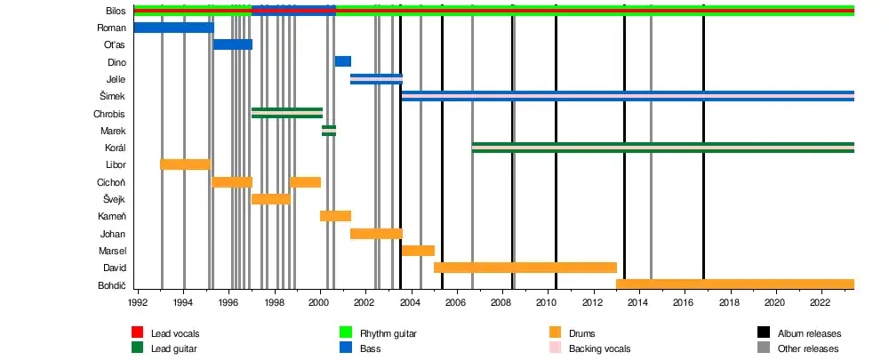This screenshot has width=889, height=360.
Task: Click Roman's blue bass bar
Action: [x=173, y=28]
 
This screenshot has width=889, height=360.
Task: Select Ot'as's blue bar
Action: [x=233, y=44]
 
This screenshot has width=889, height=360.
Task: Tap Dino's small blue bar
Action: [x=342, y=61]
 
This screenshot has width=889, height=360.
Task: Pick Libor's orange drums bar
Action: [x=185, y=164]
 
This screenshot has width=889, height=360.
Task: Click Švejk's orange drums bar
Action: [x=270, y=199]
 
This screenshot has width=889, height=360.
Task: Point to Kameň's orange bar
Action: [x=335, y=216]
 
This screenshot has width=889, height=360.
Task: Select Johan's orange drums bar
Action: [x=376, y=234]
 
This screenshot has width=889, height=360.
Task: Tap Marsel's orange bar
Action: [x=418, y=251]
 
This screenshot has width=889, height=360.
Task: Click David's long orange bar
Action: [x=525, y=268]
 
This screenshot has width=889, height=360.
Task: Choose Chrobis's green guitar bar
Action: [x=286, y=113]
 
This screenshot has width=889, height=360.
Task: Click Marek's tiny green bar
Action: [x=328, y=131]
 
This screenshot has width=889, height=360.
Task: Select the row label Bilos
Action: [x=115, y=11]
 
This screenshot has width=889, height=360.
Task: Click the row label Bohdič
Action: [x=110, y=285]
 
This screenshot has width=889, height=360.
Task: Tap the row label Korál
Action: [x=114, y=148]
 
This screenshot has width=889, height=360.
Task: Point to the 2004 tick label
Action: [x=411, y=303]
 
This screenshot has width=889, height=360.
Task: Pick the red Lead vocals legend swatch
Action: [x=139, y=333]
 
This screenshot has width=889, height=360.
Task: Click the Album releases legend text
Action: [x=809, y=333]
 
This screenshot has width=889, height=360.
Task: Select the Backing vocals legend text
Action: [x=599, y=348]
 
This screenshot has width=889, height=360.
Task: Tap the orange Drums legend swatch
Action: [x=557, y=333]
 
